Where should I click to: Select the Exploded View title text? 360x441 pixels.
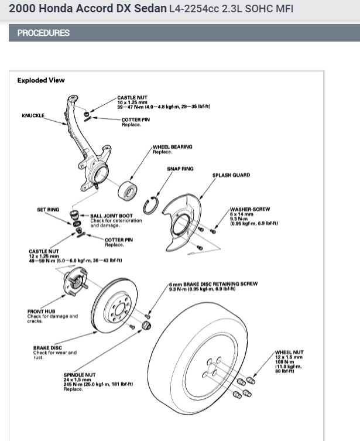41,80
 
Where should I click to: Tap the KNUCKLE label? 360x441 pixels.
33,115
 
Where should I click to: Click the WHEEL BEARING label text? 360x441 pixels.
172,146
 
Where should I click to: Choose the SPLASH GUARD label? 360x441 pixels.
231,175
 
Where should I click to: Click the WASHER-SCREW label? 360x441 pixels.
249,208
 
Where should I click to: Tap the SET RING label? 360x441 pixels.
48,209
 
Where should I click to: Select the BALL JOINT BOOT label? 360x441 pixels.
111,216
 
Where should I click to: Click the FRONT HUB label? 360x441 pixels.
41,312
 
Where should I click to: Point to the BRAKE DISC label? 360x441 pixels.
47,348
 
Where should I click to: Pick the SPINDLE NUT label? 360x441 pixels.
80,374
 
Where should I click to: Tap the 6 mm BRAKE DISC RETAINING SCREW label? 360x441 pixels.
213,284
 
